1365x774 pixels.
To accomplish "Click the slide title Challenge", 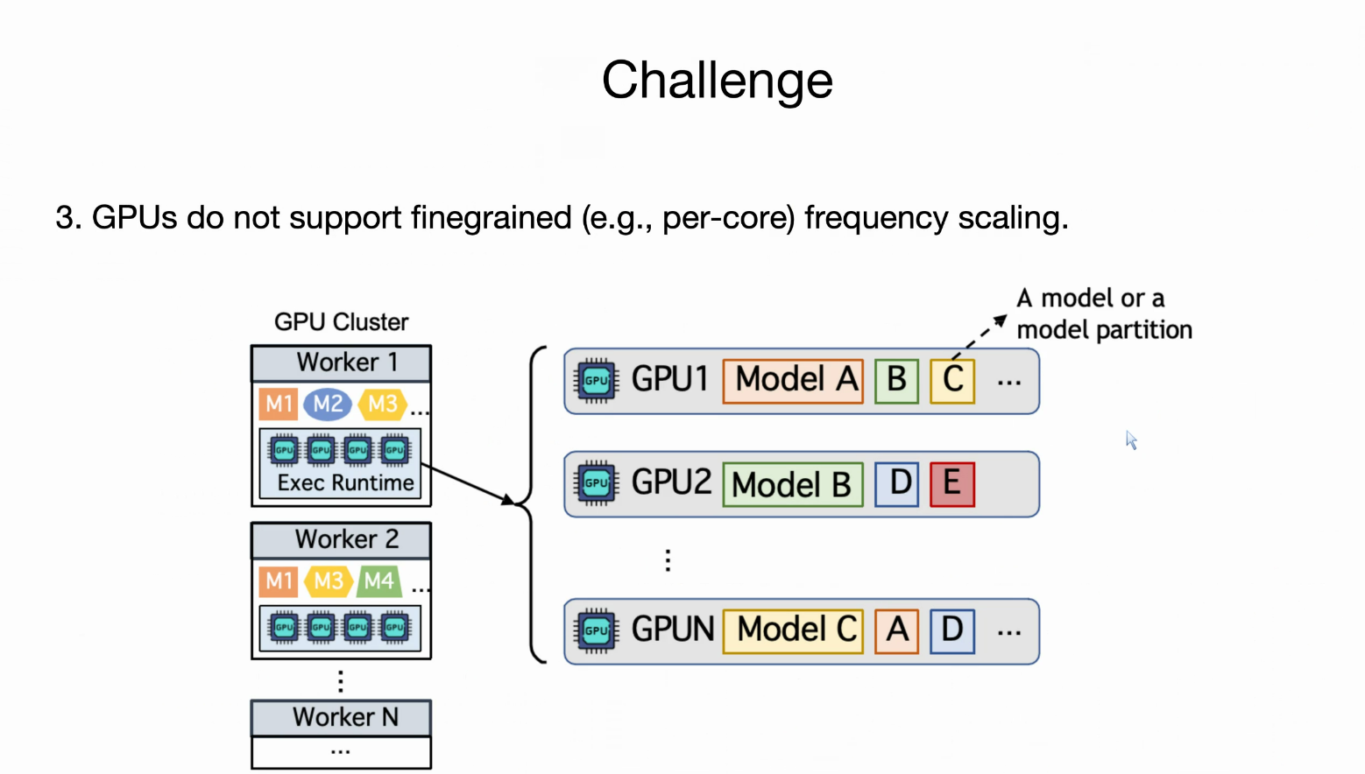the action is pyautogui.click(x=717, y=81).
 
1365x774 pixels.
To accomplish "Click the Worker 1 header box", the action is pyautogui.click(x=342, y=363).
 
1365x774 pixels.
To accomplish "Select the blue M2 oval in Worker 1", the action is pyautogui.click(x=328, y=404).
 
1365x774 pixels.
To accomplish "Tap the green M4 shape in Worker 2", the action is pyautogui.click(x=379, y=581).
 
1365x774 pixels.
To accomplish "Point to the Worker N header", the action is pyautogui.click(x=342, y=717).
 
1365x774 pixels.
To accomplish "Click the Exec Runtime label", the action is pyautogui.click(x=345, y=483).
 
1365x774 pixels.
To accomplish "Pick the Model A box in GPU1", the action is pyautogui.click(x=793, y=381).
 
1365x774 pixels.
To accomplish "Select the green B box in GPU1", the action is pyautogui.click(x=896, y=381).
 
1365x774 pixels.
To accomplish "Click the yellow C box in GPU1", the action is pyautogui.click(x=952, y=381).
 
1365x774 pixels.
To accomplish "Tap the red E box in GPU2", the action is pyautogui.click(x=952, y=485).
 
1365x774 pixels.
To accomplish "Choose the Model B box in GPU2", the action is pyautogui.click(x=793, y=485).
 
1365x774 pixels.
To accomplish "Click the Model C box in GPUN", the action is pyautogui.click(x=793, y=631).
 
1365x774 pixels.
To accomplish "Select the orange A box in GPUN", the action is pyautogui.click(x=896, y=631).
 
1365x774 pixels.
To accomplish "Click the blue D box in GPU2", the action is pyautogui.click(x=896, y=485).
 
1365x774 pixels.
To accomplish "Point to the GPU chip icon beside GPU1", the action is pyautogui.click(x=596, y=381).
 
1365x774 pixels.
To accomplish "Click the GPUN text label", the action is pyautogui.click(x=673, y=629).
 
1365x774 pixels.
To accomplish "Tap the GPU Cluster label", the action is pyautogui.click(x=342, y=322).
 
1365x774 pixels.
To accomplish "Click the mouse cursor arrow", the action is pyautogui.click(x=1132, y=440).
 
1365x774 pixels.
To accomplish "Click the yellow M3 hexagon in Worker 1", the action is pyautogui.click(x=383, y=404).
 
